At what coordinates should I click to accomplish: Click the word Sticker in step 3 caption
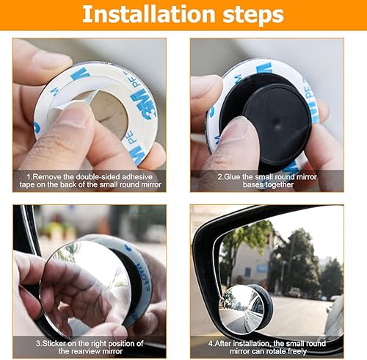pos(53,343)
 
